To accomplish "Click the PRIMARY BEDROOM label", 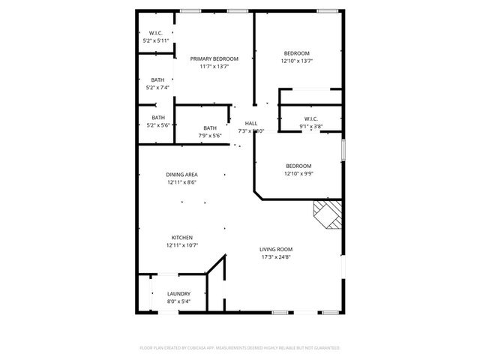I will pyautogui.click(x=214, y=58).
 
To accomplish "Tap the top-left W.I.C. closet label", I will pyautogui.click(x=156, y=33).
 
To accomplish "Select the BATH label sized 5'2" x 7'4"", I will pyautogui.click(x=157, y=79).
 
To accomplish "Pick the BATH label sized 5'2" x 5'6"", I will pyautogui.click(x=158, y=117).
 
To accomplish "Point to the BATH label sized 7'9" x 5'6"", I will pyautogui.click(x=210, y=127).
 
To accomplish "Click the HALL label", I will pyautogui.click(x=250, y=123).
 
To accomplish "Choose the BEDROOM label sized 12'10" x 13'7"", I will pyautogui.click(x=296, y=52).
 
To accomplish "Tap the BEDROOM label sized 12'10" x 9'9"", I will pyautogui.click(x=298, y=166).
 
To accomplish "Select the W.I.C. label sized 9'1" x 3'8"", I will pyautogui.click(x=311, y=118).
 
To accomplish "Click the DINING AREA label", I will pyautogui.click(x=181, y=174).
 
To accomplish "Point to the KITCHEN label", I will pyautogui.click(x=181, y=237).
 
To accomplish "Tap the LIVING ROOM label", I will pyautogui.click(x=276, y=249).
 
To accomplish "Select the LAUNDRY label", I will pyautogui.click(x=178, y=293).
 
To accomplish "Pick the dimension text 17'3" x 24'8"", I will pyautogui.click(x=276, y=257).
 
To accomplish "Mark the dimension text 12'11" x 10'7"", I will pyautogui.click(x=181, y=245).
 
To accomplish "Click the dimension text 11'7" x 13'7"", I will pyautogui.click(x=214, y=67).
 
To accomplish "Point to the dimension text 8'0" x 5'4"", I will pyautogui.click(x=178, y=301).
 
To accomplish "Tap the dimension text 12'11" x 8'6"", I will pyautogui.click(x=181, y=182).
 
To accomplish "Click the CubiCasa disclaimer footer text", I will pyautogui.click(x=240, y=348).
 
